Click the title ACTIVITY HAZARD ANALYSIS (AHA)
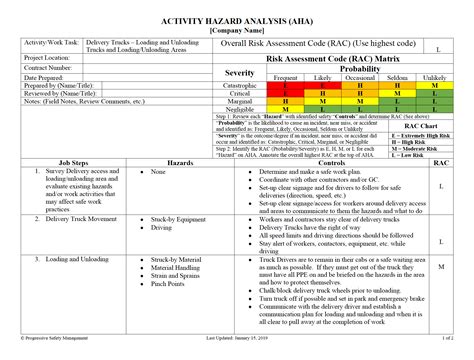[x=237, y=19]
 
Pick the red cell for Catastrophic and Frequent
[x=285, y=85]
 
